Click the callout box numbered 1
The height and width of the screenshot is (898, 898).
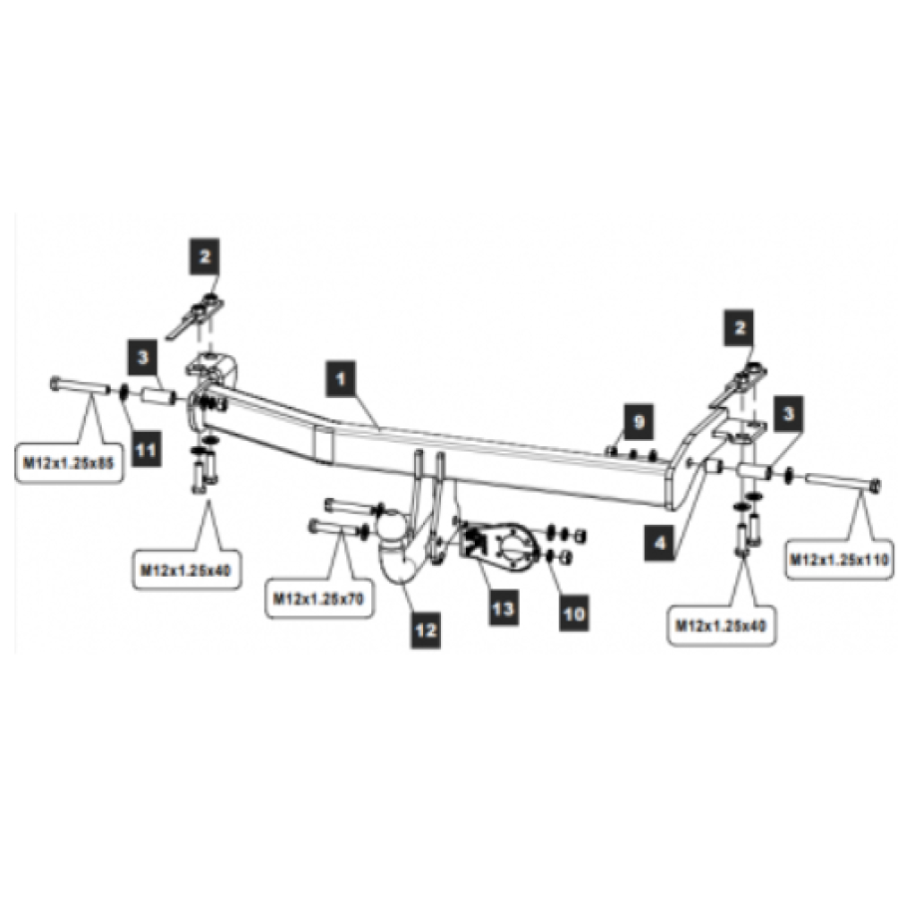pos(341,378)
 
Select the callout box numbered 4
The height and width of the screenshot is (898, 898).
pos(660,543)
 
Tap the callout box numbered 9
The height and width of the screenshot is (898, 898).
pos(639,422)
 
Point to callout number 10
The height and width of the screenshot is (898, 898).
pos(574,614)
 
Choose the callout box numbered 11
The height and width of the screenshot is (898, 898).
pos(146,450)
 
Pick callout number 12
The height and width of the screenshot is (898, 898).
pos(425,630)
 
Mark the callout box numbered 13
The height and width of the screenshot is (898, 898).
pos(504,608)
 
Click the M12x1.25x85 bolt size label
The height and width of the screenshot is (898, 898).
pos(69,463)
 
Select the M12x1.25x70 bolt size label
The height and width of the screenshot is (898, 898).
pos(318,599)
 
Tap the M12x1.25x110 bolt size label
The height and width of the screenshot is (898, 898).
pos(839,559)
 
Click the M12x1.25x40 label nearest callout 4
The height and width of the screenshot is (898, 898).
pos(721,626)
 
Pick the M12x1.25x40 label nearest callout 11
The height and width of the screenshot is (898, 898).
pos(187,570)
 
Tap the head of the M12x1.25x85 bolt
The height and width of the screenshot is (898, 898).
pos(56,383)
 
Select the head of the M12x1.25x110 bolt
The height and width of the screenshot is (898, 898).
pos(874,487)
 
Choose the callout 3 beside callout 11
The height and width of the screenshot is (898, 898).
pos(143,358)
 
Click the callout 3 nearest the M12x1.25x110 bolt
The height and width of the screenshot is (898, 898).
pos(788,414)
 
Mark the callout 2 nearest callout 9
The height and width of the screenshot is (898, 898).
pos(739,327)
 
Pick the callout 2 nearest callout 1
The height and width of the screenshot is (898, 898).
pos(205,256)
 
